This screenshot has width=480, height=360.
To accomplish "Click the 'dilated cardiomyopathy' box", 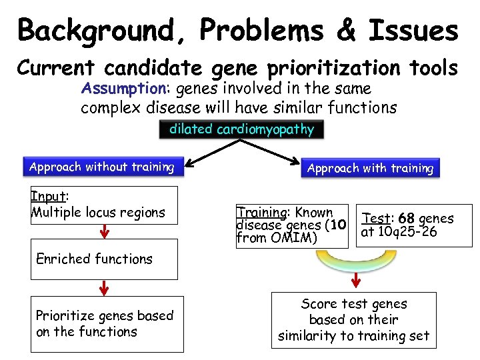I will (x=241, y=130).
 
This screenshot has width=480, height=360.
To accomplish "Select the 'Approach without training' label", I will (x=101, y=167).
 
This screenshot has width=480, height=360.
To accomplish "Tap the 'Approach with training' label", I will (x=370, y=169).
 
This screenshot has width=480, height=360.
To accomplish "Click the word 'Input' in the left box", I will (x=49, y=197).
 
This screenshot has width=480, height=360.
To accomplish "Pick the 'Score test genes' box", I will (x=353, y=320).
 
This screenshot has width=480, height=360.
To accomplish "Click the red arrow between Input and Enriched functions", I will (x=103, y=232).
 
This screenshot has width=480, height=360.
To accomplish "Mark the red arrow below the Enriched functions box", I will (x=103, y=289).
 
